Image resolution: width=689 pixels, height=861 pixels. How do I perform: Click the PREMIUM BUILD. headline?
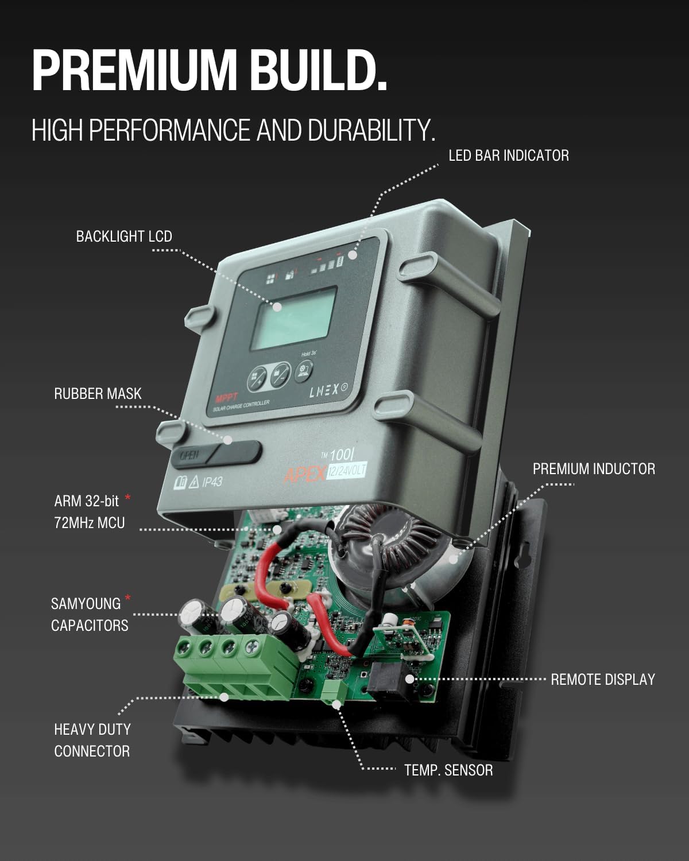click(x=210, y=70)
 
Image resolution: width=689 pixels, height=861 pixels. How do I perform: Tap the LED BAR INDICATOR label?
click(x=508, y=156)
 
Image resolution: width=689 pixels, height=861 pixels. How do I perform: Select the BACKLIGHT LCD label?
click(x=124, y=236)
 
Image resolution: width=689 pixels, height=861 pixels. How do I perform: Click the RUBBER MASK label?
click(x=98, y=394)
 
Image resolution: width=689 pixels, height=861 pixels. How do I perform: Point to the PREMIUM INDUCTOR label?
click(x=594, y=469)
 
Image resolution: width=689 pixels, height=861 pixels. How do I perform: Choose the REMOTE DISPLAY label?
click(x=602, y=680)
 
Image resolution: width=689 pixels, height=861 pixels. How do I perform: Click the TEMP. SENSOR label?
click(x=448, y=770)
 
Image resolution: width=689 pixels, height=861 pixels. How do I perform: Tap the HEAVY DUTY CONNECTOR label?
click(x=92, y=740)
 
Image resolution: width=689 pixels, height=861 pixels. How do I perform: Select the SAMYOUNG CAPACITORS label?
click(x=90, y=614)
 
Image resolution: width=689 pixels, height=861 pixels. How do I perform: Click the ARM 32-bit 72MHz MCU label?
click(x=90, y=511)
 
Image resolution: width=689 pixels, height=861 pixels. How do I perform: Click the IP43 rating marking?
click(x=211, y=481)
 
